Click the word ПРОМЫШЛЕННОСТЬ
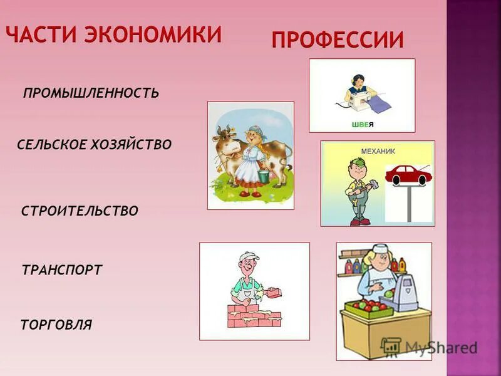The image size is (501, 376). tap(91, 93)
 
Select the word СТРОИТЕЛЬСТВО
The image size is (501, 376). tap(80, 211)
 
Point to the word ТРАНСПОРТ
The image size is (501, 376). tap(62, 271)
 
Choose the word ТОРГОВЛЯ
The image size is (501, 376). tap(56, 325)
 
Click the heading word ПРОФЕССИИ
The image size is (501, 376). tap(338, 39)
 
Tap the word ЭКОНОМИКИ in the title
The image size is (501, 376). tap(158, 34)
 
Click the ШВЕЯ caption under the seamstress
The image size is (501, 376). tap(362, 124)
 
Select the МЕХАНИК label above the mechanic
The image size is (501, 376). tap(378, 151)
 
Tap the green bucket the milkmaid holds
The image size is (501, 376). tap(263, 177)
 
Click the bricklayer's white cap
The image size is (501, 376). tap(249, 257)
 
